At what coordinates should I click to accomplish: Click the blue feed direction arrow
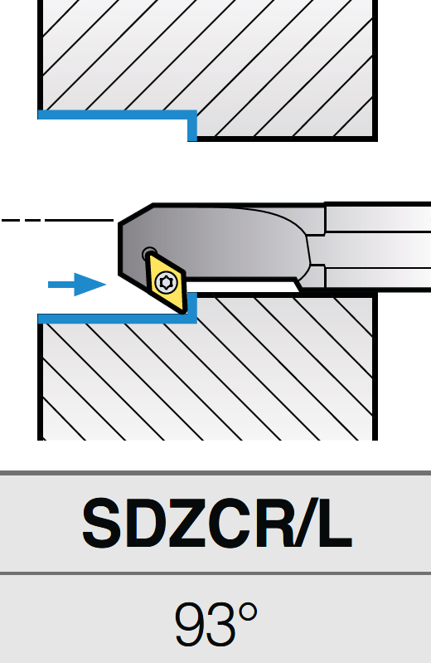tap(77, 285)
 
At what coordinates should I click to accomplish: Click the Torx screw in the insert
tap(165, 282)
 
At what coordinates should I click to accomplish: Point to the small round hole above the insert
tap(148, 253)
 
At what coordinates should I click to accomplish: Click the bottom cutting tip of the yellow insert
tap(183, 313)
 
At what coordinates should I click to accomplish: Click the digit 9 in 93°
tap(190, 625)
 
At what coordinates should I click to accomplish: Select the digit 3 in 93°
tap(220, 625)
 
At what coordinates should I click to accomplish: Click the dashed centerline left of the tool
tap(57, 220)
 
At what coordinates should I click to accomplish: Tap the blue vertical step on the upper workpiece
tap(192, 126)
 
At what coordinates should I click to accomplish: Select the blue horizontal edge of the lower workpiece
tap(118, 319)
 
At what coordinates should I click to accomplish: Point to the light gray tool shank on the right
tap(378, 246)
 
